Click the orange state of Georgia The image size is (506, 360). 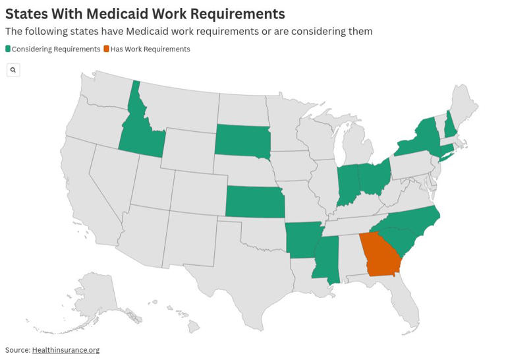381,257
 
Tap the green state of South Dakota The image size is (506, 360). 242,140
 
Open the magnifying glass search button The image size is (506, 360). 13,70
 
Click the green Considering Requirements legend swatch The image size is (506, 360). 8,49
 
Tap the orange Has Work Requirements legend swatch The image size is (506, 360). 106,49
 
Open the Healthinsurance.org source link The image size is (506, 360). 66,350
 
